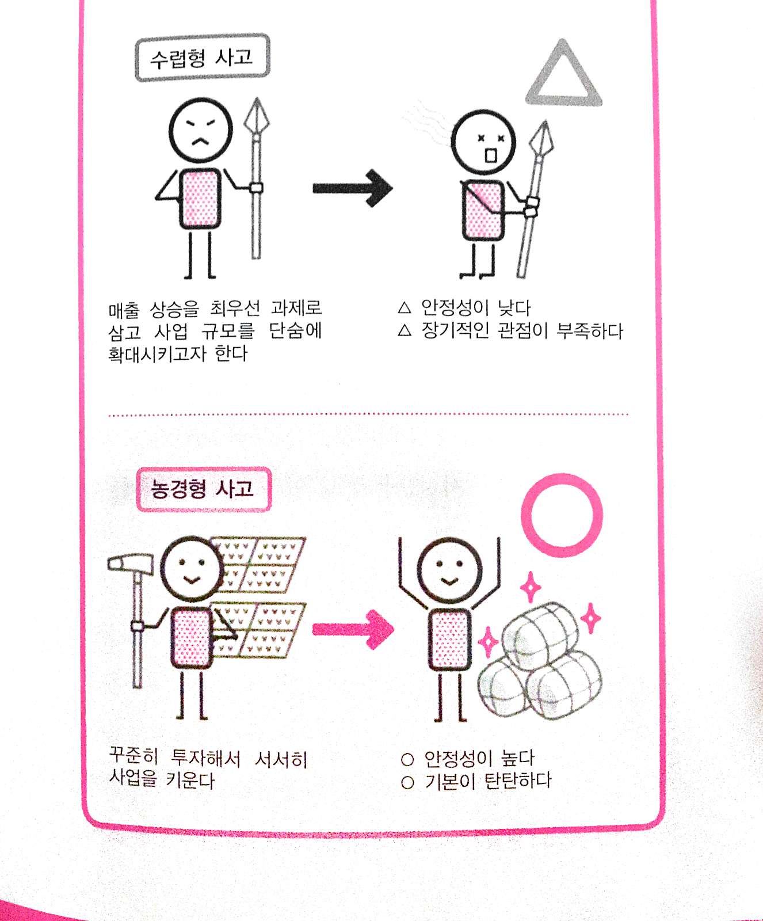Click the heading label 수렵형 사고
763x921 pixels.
tap(202, 58)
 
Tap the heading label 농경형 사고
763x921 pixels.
tap(203, 489)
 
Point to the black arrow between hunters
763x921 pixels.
tap(353, 188)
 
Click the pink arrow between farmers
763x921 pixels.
tap(353, 629)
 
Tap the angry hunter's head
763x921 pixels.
tap(201, 130)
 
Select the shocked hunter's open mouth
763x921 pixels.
tap(490, 155)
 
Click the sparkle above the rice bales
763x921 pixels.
tap(530, 587)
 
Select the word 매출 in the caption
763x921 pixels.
tap(124, 311)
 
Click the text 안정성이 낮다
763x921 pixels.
tap(476, 307)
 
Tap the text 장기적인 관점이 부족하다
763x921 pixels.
tap(522, 330)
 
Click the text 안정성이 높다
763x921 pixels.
tap(479, 758)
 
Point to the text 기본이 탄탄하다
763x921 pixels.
tap(488, 781)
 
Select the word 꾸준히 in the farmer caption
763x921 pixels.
tap(133, 755)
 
